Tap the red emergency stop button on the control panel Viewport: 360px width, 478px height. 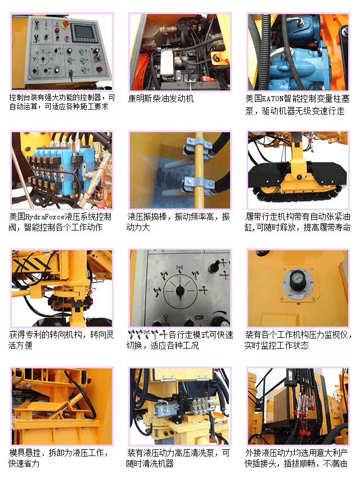coord(65,23)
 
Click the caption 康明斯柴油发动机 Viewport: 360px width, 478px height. coord(161,99)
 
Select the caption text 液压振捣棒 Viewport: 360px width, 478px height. coord(147,217)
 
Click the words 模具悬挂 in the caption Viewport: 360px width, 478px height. coord(25,453)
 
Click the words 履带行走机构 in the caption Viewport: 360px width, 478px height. coord(269,217)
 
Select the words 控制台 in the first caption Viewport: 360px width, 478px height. coord(21,97)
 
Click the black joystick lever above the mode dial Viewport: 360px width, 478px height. coord(214,265)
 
